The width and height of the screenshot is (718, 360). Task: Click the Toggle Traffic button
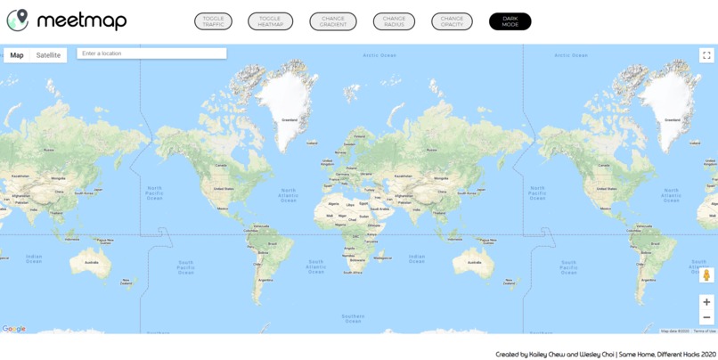click(213, 21)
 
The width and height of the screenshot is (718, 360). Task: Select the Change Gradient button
click(333, 21)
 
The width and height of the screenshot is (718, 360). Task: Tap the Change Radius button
click(394, 21)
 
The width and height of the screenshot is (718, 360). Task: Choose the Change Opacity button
click(452, 21)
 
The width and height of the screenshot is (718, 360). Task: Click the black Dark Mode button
click(510, 21)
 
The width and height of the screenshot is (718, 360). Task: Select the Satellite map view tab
click(48, 55)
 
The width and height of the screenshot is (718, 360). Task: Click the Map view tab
click(17, 55)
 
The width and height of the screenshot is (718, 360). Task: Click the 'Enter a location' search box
click(151, 53)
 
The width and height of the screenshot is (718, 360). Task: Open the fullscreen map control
click(706, 55)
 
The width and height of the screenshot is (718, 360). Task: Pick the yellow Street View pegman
click(707, 275)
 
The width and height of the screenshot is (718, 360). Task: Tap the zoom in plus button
click(706, 302)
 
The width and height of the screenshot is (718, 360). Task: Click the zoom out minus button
click(706, 317)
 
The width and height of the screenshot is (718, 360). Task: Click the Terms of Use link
click(705, 331)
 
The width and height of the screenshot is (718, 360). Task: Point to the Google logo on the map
click(14, 329)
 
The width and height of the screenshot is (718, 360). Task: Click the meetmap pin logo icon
click(17, 20)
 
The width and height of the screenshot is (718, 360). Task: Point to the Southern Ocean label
click(353, 318)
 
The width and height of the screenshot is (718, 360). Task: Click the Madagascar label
click(383, 258)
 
